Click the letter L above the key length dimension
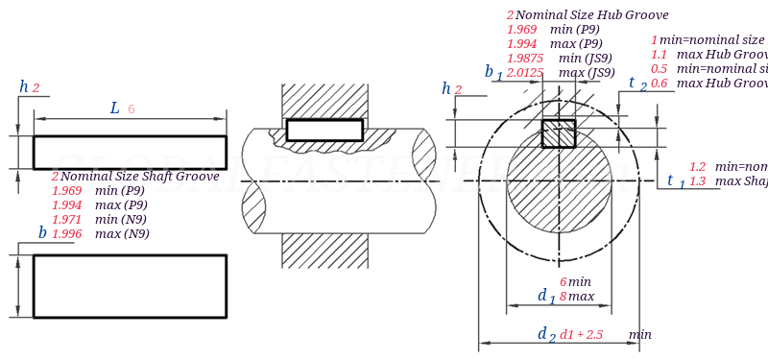[x=115, y=108]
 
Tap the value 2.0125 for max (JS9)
[x=525, y=72]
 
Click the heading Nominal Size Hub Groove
[x=591, y=15]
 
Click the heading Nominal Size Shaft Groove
[x=140, y=177]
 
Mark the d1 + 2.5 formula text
[x=581, y=334]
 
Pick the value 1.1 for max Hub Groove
[x=659, y=55]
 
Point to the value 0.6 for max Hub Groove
[x=659, y=84]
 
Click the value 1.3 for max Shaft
[x=698, y=180]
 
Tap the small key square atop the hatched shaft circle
[x=558, y=133]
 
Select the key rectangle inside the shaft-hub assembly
[x=324, y=130]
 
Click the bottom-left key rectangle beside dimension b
[x=130, y=286]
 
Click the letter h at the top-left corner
[x=24, y=87]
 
